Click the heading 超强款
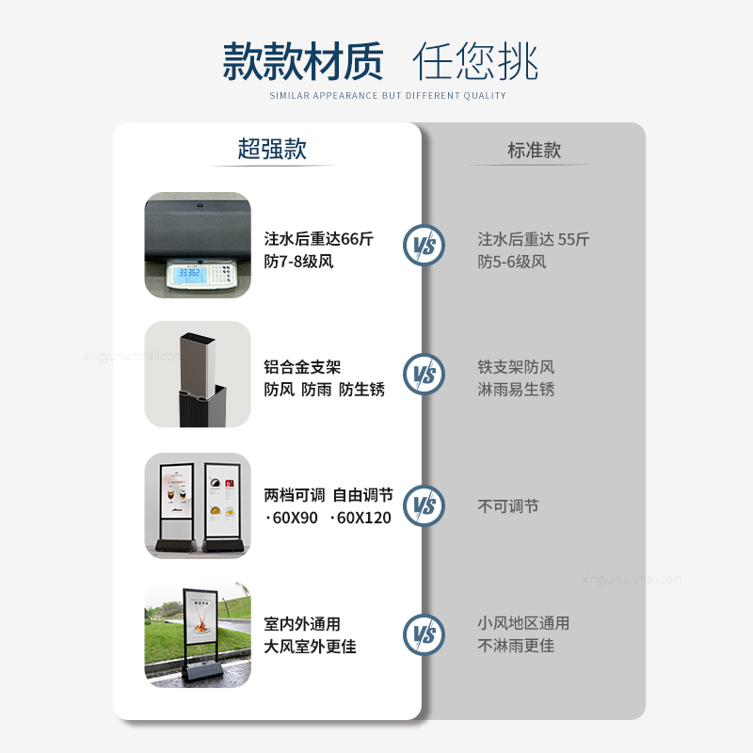click(272, 149)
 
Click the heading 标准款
click(534, 150)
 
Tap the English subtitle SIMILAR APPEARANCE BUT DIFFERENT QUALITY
click(388, 96)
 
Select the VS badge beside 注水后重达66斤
click(424, 246)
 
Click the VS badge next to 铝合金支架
click(424, 374)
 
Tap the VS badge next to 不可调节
click(424, 505)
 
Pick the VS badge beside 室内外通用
click(424, 634)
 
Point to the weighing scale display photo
click(198, 246)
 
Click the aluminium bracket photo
click(198, 375)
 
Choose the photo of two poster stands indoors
click(198, 505)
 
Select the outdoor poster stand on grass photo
click(198, 634)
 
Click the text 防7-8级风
click(298, 262)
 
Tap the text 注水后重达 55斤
click(533, 239)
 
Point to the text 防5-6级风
click(511, 262)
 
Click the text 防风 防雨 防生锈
click(324, 390)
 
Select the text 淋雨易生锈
click(516, 390)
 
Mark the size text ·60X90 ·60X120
click(328, 518)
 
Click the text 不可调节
click(508, 506)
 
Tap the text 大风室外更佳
click(310, 647)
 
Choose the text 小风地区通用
click(523, 623)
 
